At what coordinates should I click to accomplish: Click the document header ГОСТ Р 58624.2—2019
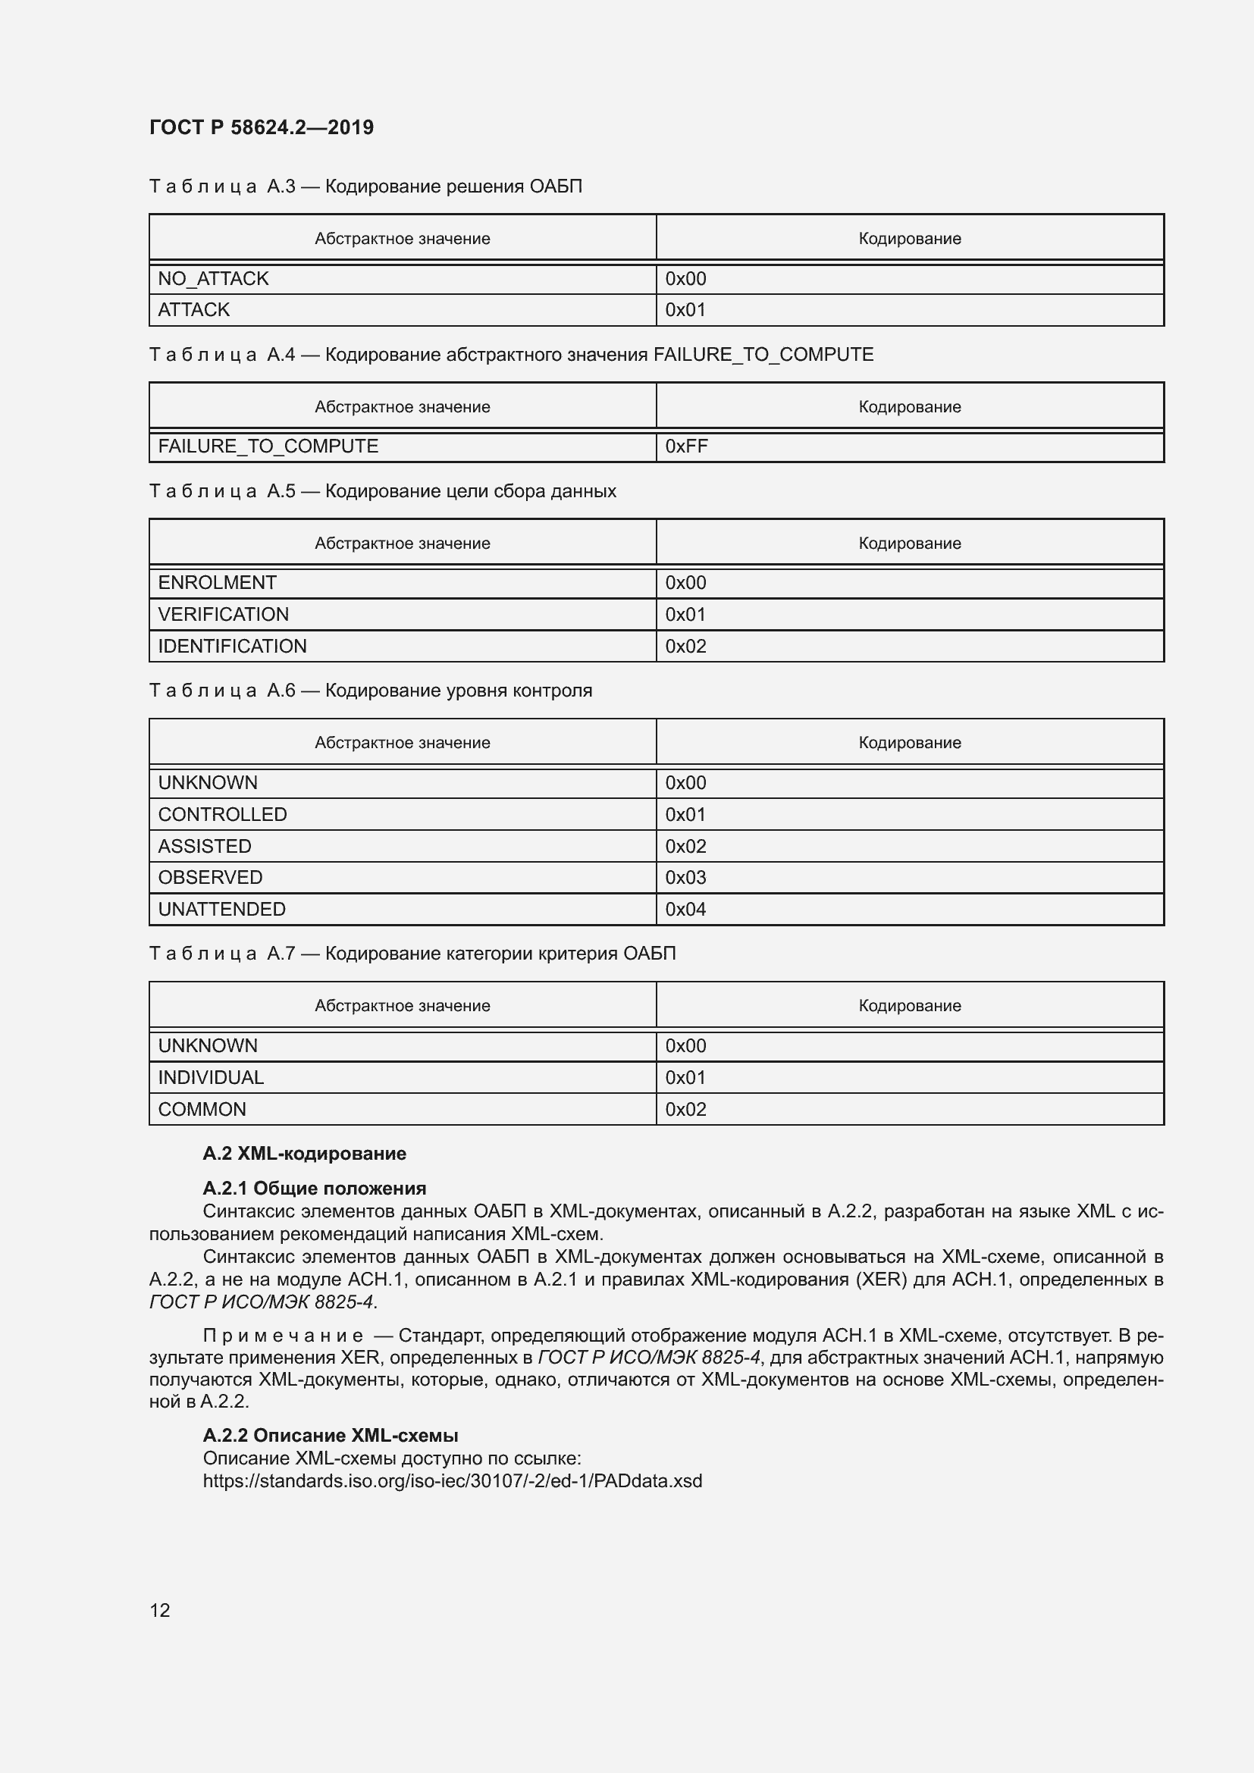(x=261, y=127)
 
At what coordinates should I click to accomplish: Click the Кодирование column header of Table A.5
(x=910, y=543)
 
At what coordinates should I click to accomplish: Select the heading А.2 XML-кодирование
(x=304, y=1154)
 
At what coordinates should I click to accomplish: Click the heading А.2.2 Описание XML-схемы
(x=331, y=1436)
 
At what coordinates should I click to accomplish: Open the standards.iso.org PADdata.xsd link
(x=453, y=1481)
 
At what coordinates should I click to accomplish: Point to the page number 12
(x=160, y=1611)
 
